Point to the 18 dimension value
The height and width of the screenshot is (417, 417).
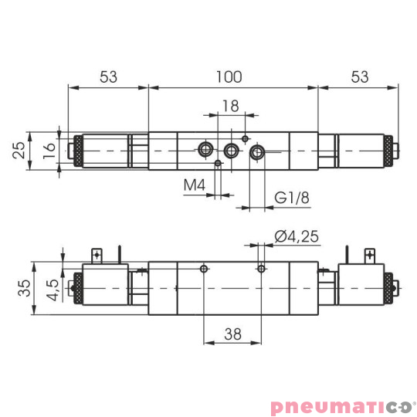coord(230,105)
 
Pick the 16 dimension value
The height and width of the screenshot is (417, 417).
coord(49,149)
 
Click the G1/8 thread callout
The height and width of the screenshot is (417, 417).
coord(292,198)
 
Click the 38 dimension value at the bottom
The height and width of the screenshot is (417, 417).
coord(232,335)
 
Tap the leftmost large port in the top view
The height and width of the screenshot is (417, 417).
coord(206,149)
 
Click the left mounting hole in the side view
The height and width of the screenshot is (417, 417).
coord(202,269)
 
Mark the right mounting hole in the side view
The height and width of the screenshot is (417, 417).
coord(262,269)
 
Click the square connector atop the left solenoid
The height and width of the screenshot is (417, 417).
coord(97,253)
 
